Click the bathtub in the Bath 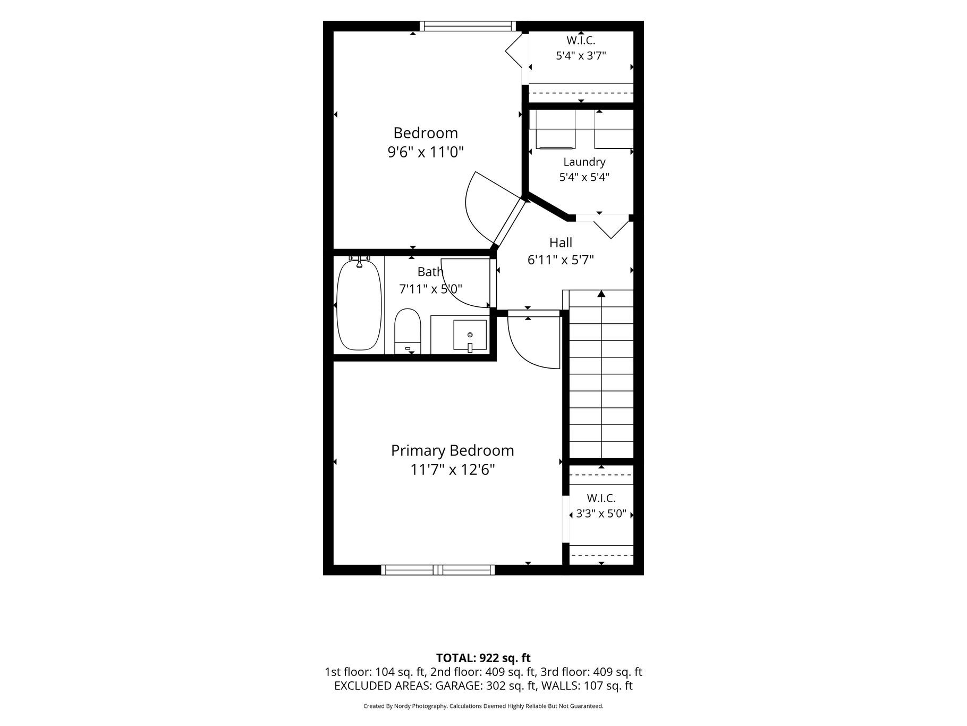pos(359,305)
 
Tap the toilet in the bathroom pos(408,331)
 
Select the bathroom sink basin pos(470,335)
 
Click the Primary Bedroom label pos(453,450)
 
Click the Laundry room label pos(584,162)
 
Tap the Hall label pos(561,243)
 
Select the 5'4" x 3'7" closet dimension pos(581,55)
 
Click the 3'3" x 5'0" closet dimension pos(601,514)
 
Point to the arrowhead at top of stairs pos(601,294)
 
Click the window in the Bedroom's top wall pos(468,26)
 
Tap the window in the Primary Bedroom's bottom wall pos(438,570)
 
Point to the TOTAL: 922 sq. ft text pos(483,658)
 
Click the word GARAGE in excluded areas pos(458,686)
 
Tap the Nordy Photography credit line pos(483,706)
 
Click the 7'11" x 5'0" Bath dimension pos(431,289)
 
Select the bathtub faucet pos(360,261)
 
